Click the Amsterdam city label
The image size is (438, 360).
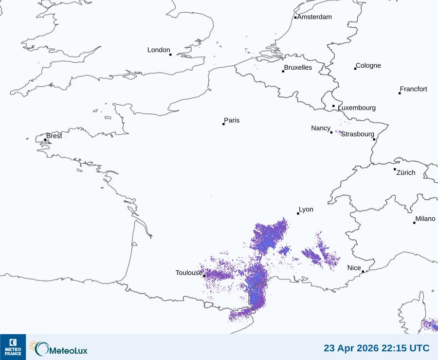[x=314, y=17]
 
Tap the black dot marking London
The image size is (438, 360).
[x=170, y=55]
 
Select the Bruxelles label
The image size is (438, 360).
[x=298, y=68]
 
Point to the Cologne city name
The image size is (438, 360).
[x=368, y=66]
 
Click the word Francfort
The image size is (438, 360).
[x=413, y=89]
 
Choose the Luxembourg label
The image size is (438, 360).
[x=357, y=108]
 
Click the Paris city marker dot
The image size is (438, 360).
[x=223, y=124]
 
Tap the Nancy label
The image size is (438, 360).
[x=321, y=128]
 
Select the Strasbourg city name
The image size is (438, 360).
[x=358, y=134]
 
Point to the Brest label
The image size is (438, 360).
[x=54, y=136]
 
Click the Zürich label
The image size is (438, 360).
[x=406, y=172]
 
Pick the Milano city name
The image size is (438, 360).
[x=425, y=219]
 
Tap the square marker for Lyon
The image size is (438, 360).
[x=298, y=213]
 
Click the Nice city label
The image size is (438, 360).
[x=354, y=268]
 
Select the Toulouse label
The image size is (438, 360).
[x=189, y=273]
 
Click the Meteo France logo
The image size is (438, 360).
[x=13, y=347]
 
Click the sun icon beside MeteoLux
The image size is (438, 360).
[x=34, y=345]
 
